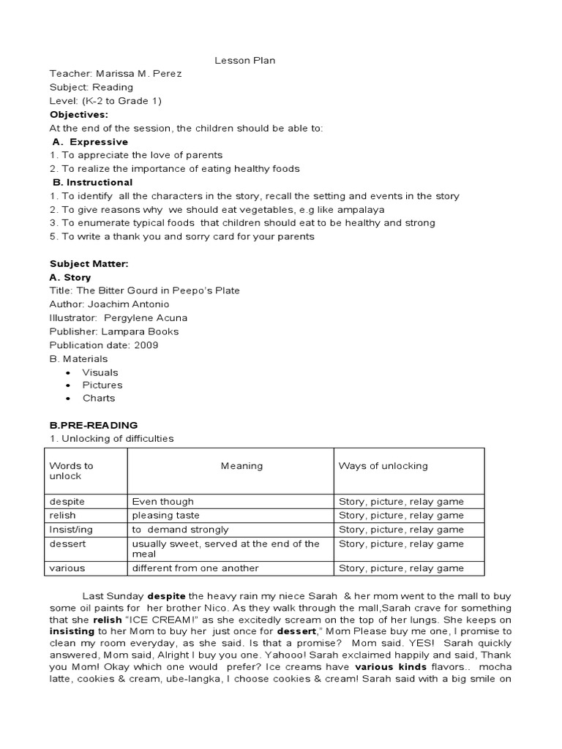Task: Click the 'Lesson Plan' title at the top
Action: point(244,61)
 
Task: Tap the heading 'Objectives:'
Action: point(78,115)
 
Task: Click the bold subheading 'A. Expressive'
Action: point(91,142)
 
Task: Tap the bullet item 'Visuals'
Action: point(100,372)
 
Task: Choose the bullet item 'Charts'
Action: point(99,399)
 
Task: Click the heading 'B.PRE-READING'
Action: point(93,425)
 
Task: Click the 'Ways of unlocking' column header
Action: point(383,466)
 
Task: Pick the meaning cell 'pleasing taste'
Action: point(164,516)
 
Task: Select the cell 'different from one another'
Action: point(195,568)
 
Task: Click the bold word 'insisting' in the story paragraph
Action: point(72,631)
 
